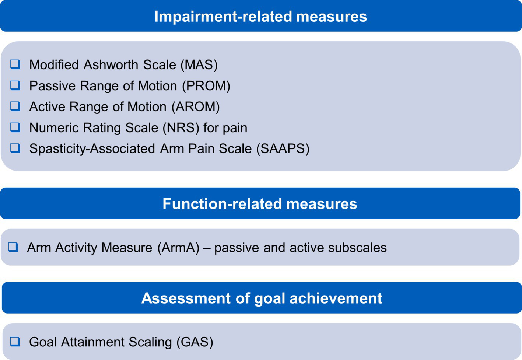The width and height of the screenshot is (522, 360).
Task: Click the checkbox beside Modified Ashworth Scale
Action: click(x=15, y=64)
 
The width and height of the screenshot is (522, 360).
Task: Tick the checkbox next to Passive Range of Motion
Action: click(x=15, y=85)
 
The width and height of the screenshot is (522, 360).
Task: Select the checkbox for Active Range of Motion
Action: click(x=15, y=106)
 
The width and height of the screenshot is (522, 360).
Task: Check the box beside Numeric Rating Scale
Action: click(x=15, y=127)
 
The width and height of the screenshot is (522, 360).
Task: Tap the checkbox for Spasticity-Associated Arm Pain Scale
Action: click(x=15, y=148)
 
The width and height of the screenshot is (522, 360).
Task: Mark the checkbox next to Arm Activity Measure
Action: click(x=13, y=247)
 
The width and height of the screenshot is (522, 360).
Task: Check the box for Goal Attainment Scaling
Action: click(x=15, y=342)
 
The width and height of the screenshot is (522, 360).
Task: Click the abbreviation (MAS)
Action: click(x=199, y=65)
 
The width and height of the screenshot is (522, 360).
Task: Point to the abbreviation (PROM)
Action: click(x=206, y=86)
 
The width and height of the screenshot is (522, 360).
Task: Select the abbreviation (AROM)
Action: click(x=196, y=107)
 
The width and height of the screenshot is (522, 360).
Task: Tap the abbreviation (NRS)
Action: click(x=181, y=128)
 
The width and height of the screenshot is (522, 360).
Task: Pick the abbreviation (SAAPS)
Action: click(x=283, y=149)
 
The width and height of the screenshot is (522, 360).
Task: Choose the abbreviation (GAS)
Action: click(x=195, y=342)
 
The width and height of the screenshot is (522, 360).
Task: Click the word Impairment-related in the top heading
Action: click(x=223, y=17)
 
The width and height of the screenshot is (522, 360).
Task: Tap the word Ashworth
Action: click(x=111, y=64)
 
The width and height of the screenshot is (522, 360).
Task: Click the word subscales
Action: click(x=357, y=247)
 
